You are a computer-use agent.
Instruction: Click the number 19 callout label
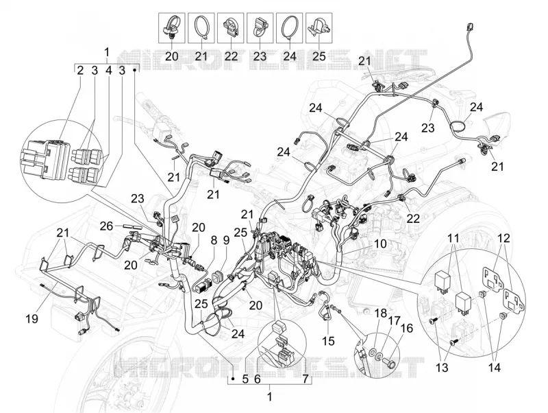pos(32,319)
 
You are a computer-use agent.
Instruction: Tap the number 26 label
pos(106,226)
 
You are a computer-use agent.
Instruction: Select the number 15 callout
pos(328,340)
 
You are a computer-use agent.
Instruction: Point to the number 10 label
pos(380,244)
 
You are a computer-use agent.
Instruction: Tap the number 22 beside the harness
pos(413,219)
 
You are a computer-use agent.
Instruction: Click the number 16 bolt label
pos(407,329)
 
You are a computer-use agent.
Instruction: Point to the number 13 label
pos(442,368)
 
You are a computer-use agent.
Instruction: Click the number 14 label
pos(495,368)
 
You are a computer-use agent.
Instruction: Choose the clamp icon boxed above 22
pos(230,27)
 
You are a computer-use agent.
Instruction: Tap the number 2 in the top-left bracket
pos(80,71)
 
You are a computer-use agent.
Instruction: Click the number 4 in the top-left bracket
pos(109,71)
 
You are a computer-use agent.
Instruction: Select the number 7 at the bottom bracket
pos(306,379)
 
